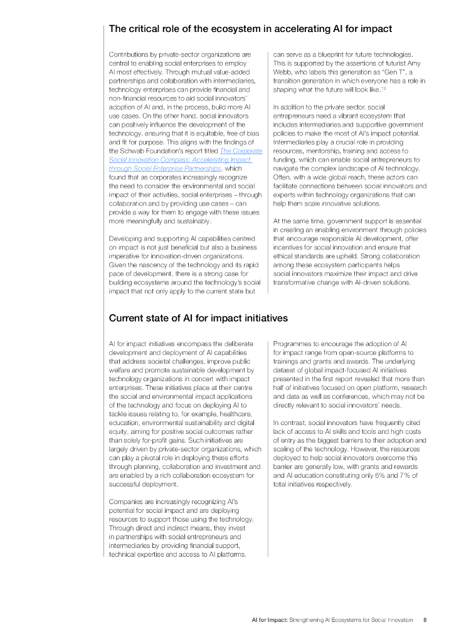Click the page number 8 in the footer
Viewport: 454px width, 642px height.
point(425,619)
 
